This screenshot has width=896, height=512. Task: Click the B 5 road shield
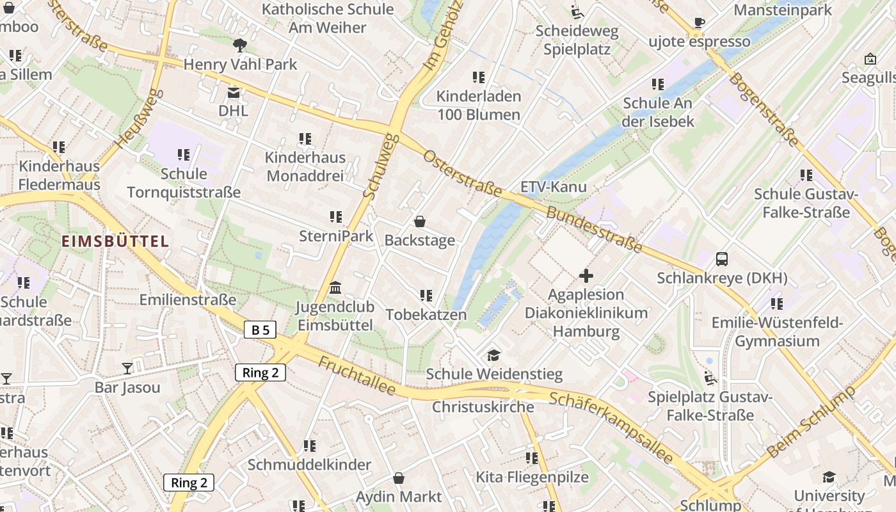coord(260,330)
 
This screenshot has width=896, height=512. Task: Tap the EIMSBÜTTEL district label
coord(115,241)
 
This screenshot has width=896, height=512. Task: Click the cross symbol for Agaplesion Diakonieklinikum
coord(586,276)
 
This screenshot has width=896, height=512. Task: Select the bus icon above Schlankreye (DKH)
coord(722,259)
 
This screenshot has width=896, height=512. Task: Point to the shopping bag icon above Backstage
coord(420,221)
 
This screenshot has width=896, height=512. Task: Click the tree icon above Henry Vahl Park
coord(240,45)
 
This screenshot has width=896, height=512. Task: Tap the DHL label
coord(233,111)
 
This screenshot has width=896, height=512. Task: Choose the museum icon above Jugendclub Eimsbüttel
coord(335,288)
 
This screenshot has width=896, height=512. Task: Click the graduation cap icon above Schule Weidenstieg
coord(493,355)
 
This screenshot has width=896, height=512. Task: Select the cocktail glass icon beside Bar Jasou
coord(127,368)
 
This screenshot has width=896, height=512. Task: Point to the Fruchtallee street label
coord(356,376)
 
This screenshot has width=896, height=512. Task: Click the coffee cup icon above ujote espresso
coord(700,23)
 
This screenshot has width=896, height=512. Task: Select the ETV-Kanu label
coord(554,188)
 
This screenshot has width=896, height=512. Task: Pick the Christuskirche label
coord(483,407)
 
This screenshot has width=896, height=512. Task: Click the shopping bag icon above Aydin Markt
coord(398,478)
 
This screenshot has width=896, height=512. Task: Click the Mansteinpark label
coord(783,10)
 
